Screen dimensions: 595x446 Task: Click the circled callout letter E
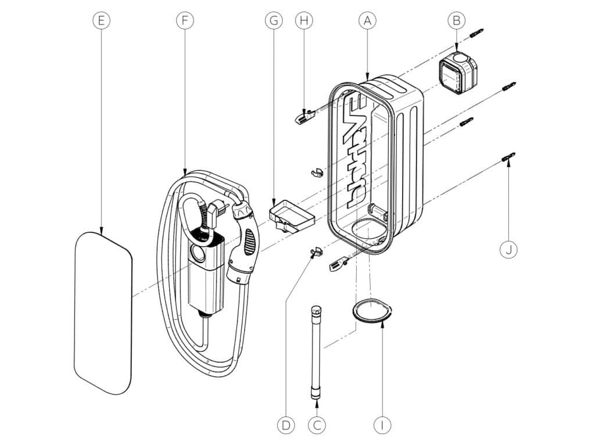[x=101, y=20]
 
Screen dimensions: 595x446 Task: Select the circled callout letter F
[x=185, y=20]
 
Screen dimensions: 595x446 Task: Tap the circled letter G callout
[x=274, y=20]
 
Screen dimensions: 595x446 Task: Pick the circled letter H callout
[x=304, y=20]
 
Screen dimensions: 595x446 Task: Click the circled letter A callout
[x=367, y=20]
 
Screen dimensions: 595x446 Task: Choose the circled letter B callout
[x=457, y=20]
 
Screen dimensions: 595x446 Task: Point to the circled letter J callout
[x=508, y=250]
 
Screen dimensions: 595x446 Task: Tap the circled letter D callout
[x=286, y=425]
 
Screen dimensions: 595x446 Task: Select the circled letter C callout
[x=317, y=425]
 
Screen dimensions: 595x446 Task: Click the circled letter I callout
[x=382, y=425]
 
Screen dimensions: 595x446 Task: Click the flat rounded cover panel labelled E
[x=103, y=313]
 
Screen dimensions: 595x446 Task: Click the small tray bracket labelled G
[x=292, y=216]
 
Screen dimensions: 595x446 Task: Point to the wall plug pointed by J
[x=509, y=157]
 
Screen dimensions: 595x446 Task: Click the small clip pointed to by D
[x=316, y=251]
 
